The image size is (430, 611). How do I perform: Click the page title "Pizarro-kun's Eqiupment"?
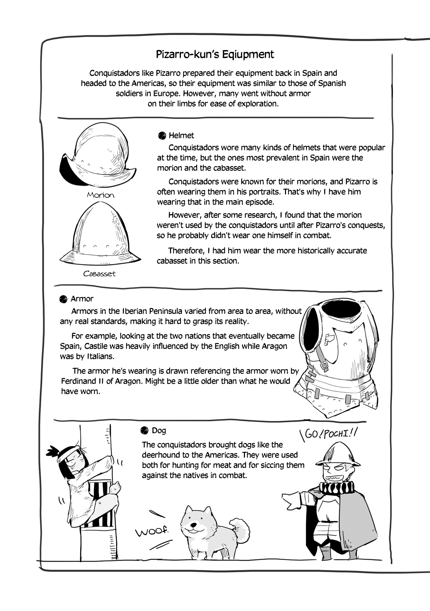point(215,54)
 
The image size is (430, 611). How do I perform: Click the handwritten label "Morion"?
point(100,195)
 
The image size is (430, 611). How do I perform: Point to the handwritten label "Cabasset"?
point(99,274)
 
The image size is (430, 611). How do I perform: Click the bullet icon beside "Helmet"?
point(162,136)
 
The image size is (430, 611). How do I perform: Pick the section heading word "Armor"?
point(82,299)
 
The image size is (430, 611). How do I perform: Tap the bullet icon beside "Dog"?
point(145,431)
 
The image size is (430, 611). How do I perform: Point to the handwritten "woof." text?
point(152,531)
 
